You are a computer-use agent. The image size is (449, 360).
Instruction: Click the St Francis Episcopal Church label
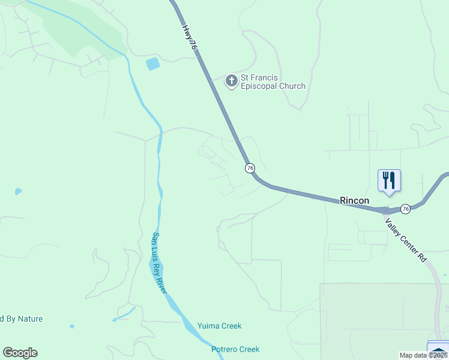coord(265,81)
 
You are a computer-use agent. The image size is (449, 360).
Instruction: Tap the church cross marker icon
coord(231,81)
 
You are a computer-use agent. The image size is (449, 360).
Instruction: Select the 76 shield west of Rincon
coord(250,168)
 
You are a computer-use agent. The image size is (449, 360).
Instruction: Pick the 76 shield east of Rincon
coord(406,209)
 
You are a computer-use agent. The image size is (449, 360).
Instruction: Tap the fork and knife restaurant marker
coord(389,180)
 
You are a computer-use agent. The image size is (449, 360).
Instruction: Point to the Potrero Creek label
coord(235,349)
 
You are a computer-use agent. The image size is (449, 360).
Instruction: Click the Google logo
coord(20,353)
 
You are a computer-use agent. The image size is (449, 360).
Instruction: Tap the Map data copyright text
coord(424,355)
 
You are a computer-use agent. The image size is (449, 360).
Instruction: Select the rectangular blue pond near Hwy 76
coord(153,64)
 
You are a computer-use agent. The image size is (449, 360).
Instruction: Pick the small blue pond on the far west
coord(18,192)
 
